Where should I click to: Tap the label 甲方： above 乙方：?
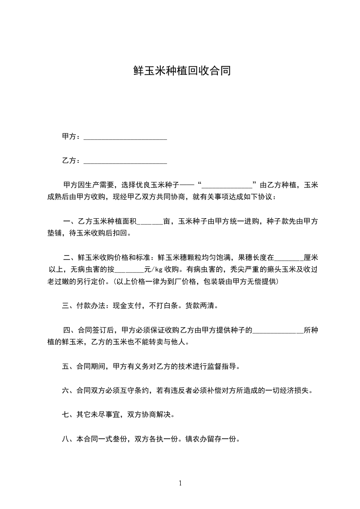(x=71, y=137)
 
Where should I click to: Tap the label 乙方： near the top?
(x=71, y=161)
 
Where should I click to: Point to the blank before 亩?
(x=149, y=223)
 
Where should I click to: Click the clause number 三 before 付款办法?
(x=65, y=306)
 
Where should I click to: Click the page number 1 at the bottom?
(x=180, y=483)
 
